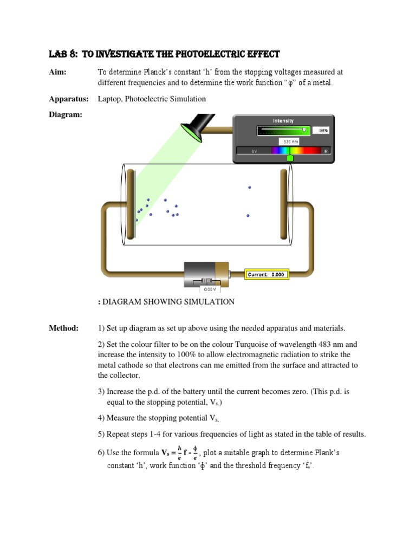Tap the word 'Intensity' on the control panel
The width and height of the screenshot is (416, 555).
(283, 121)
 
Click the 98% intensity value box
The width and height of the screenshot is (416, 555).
(323, 131)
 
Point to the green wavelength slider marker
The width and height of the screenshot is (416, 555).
(290, 157)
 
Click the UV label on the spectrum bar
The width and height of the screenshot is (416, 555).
(254, 151)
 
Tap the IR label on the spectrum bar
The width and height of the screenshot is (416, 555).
(326, 151)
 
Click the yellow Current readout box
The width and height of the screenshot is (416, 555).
(266, 275)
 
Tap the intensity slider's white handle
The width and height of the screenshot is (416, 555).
(304, 130)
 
